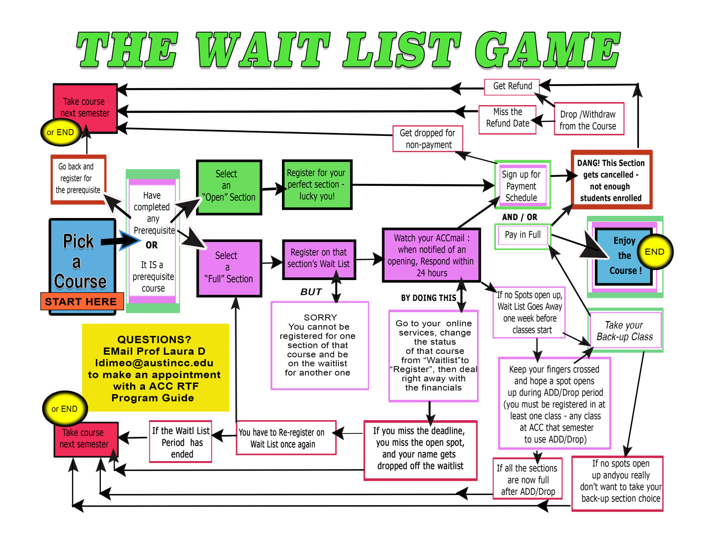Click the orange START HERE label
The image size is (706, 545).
coord(81,301)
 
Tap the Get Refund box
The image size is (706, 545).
coord(512,86)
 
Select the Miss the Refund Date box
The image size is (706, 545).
coord(507,118)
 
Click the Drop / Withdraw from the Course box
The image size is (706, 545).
coord(588,120)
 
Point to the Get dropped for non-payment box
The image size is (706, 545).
coord(427,139)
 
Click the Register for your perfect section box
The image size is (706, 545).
coord(317,185)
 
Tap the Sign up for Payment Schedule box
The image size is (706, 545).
coord(522,186)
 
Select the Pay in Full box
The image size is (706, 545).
coord(522,235)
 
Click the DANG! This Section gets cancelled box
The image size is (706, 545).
coord(611,180)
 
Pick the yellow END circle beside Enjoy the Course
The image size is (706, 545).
coord(654,252)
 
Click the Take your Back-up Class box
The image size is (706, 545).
coord(625,331)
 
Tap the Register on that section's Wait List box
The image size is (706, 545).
coord(318,259)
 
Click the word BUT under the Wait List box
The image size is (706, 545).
coord(311,292)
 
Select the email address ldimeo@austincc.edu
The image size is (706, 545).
coord(154,363)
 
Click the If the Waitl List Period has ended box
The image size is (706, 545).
coord(181,442)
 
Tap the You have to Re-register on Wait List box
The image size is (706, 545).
coord(286,438)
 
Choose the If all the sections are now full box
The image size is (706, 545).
coord(528,480)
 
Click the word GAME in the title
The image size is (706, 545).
coord(548,50)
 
